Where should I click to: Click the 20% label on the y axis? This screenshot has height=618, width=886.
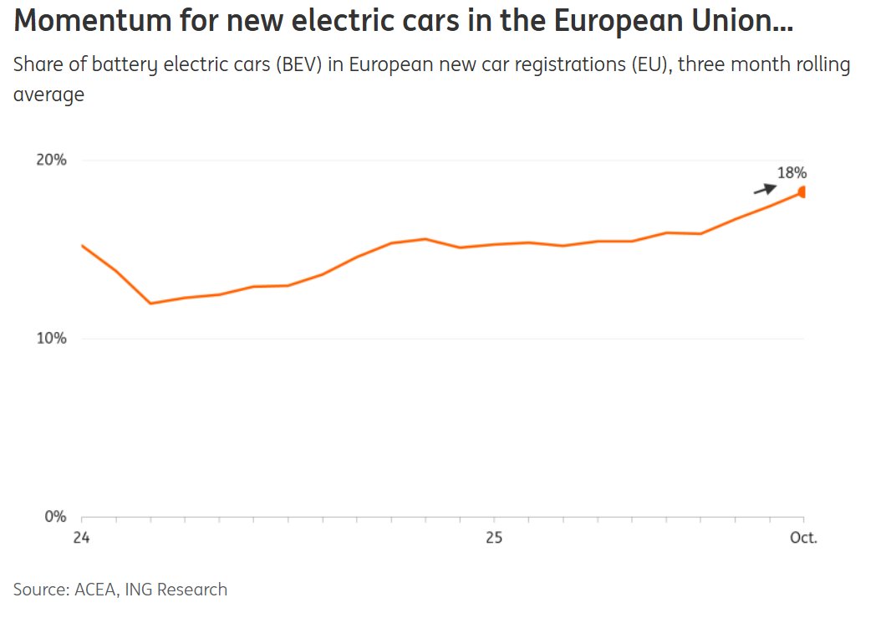51,160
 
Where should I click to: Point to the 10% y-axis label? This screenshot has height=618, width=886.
51,339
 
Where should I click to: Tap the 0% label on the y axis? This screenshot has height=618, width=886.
55,517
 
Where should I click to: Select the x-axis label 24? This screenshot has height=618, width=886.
81,538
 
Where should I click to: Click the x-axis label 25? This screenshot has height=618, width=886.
493,538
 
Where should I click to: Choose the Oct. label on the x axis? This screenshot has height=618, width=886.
802,538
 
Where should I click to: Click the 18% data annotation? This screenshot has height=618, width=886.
792,173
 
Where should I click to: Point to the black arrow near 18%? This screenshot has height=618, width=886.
765,189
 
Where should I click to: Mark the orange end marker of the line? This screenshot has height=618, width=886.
802,192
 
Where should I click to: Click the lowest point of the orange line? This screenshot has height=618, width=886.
150,303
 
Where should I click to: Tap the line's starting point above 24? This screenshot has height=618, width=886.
82,246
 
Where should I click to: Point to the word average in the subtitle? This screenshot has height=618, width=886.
48,95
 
